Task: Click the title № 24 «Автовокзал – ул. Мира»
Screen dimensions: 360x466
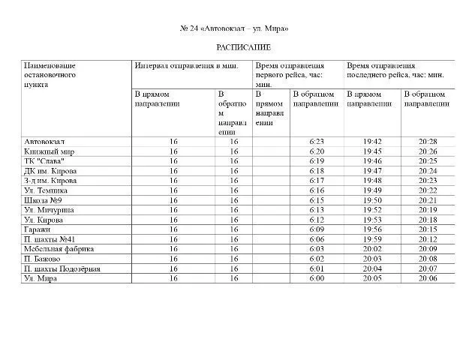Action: point(233,28)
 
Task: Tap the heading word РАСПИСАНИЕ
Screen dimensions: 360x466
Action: point(233,47)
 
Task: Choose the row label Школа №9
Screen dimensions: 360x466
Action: point(43,200)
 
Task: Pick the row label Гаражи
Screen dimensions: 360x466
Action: point(38,229)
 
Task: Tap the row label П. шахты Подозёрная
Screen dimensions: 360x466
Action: point(62,268)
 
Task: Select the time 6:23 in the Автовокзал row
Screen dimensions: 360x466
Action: point(315,141)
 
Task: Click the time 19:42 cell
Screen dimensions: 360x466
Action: point(372,141)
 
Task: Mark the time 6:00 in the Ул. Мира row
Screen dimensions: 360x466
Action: point(315,278)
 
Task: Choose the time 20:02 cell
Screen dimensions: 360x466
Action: point(372,249)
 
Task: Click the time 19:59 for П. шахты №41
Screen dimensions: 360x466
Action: point(372,239)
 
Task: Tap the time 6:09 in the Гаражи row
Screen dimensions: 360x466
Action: point(315,229)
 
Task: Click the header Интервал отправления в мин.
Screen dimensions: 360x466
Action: point(191,66)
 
